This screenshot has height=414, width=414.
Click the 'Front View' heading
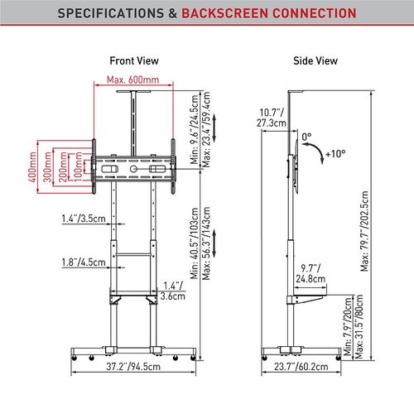pos(134,60)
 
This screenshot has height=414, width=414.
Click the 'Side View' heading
pos(315,60)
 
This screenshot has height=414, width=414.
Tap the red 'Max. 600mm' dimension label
pos(133,79)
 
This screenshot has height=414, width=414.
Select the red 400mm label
pos(32,166)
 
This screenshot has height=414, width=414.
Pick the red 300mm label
pos(48,166)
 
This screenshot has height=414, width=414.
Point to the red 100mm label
pos(79,166)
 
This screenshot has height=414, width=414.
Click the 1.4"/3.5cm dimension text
pos(84,219)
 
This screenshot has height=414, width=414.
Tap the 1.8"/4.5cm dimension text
pos(84,262)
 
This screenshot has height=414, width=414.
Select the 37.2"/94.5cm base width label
pos(133,367)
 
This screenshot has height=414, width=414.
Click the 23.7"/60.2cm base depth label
pos(301,367)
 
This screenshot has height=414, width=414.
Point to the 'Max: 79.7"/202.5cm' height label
pos(364,231)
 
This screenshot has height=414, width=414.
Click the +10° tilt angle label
pos(335,154)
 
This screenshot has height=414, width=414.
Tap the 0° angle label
pos(306,137)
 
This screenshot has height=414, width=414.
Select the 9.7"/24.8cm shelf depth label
pos(310,273)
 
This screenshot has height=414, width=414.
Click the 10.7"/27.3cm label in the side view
pos(272,118)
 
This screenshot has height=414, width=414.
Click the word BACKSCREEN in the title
pos(225,13)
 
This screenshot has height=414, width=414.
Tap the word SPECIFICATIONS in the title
pos(111,13)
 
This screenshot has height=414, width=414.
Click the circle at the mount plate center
pos(133,169)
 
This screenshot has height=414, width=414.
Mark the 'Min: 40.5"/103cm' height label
pos(195,243)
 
